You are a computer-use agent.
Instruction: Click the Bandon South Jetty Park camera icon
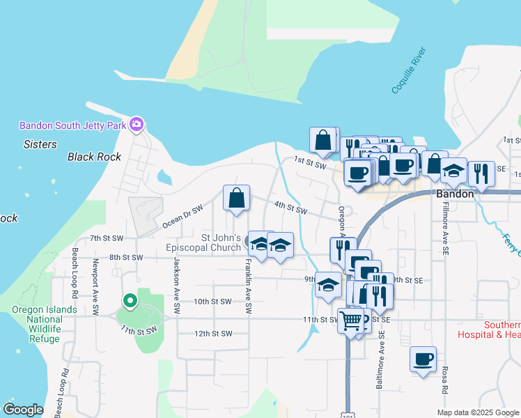tap(137, 125)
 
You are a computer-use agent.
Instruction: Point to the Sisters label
tap(40, 144)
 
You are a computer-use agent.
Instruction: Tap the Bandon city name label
tap(455, 194)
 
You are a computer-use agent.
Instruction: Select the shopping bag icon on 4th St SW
tap(237, 197)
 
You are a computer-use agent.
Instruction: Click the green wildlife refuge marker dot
tap(129, 302)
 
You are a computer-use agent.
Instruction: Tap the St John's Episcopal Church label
tap(221, 242)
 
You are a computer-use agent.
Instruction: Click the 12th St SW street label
tap(212, 334)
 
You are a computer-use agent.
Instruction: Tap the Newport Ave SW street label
tap(95, 279)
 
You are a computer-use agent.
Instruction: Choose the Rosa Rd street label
tap(444, 382)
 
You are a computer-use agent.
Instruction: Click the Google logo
tap(23, 410)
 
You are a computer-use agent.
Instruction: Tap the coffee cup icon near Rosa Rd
tap(423, 359)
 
